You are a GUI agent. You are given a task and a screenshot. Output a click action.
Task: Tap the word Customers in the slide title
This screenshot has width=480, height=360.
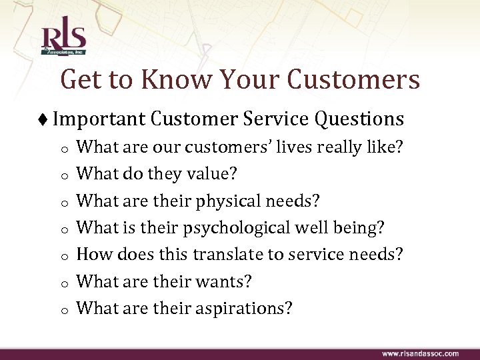[x=353, y=79]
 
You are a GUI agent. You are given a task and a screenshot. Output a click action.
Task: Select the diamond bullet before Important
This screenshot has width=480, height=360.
[x=44, y=119]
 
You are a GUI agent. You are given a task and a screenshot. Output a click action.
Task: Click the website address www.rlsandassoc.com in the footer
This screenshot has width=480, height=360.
[x=420, y=352]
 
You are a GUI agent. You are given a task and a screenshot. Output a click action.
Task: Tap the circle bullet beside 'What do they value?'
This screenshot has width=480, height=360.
[x=60, y=176]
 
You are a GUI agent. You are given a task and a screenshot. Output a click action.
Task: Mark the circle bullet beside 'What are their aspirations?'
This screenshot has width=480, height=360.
[x=60, y=311]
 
